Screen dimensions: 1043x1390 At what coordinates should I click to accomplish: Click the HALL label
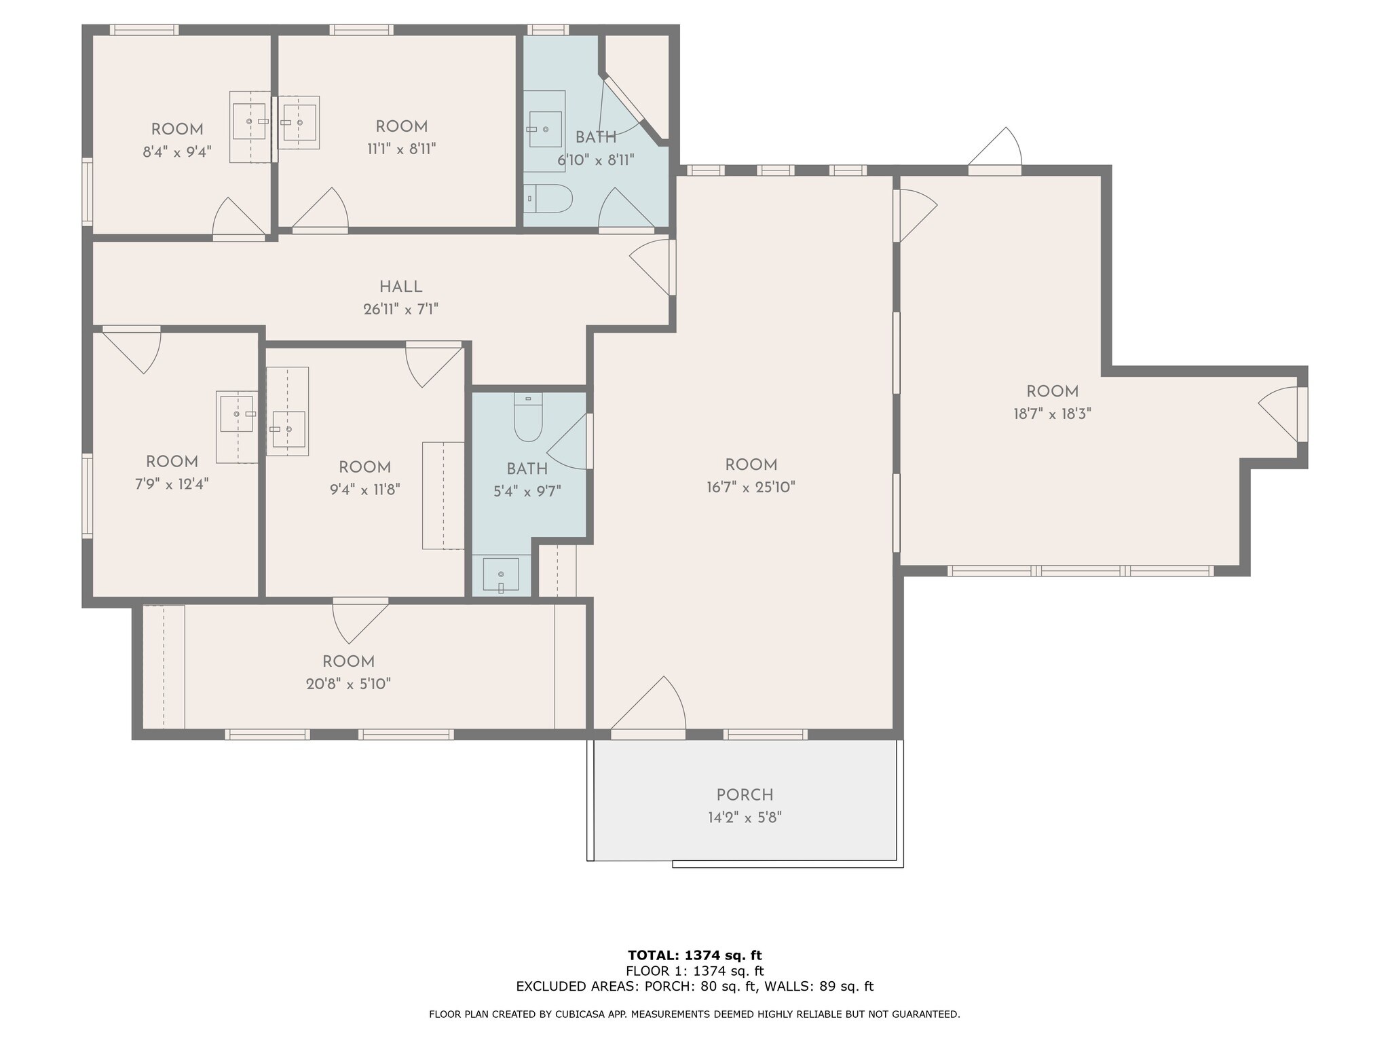coord(400,287)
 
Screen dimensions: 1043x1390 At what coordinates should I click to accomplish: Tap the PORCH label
coord(745,794)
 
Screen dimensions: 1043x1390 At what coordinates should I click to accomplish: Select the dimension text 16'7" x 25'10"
coord(751,487)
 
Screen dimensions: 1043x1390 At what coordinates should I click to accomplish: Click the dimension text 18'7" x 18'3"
coord(1052,414)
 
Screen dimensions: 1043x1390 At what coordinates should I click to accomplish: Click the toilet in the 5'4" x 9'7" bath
coord(528,418)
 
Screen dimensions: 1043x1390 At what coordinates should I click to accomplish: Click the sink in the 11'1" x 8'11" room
coord(299,122)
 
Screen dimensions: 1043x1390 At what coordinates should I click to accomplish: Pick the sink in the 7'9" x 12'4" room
coord(237,414)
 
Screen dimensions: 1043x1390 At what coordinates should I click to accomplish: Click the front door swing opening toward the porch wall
coord(649,706)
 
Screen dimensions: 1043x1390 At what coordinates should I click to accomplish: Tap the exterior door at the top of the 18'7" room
coord(995,149)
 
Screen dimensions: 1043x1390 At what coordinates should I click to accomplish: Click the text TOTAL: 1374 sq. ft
coord(694,955)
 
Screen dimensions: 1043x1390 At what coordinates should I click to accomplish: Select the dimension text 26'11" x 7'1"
coord(400,310)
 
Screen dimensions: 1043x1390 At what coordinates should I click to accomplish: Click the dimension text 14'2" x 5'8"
coord(745,818)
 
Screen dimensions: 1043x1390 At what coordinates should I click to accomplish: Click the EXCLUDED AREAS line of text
coord(694,987)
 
